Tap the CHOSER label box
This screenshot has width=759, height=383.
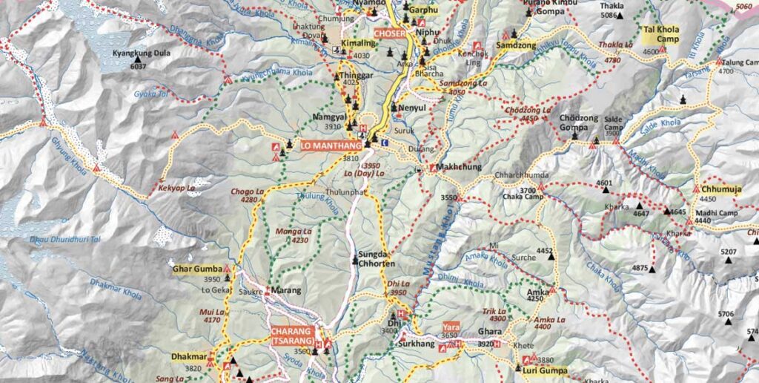[390, 33]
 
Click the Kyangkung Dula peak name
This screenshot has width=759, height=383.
[141, 54]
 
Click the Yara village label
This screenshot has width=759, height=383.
[451, 327]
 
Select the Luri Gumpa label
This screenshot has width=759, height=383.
[546, 370]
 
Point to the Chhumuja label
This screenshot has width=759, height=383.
[721, 189]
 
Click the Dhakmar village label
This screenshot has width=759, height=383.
[188, 357]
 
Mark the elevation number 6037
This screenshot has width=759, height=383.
[137, 66]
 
